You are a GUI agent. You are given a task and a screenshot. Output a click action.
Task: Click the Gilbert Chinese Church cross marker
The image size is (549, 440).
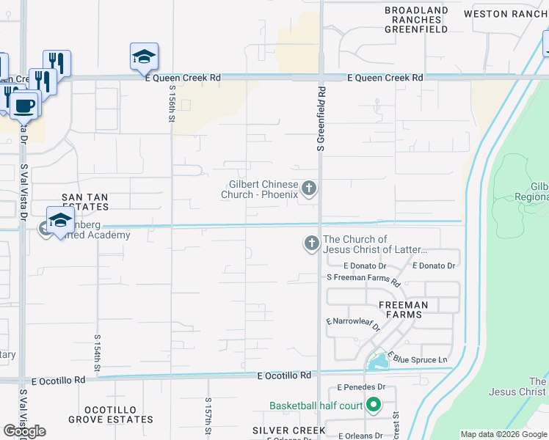click(x=309, y=189)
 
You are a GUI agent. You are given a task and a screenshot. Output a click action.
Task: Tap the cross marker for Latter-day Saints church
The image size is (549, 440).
click(x=312, y=243)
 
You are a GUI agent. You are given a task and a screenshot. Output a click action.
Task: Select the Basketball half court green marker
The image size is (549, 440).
click(x=374, y=405)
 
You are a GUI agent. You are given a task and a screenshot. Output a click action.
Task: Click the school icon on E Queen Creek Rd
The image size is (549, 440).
click(x=144, y=57)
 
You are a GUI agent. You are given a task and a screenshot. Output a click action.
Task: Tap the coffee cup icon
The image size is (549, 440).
click(x=23, y=105)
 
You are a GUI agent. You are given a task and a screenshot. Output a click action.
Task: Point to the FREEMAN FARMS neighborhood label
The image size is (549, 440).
click(x=403, y=309)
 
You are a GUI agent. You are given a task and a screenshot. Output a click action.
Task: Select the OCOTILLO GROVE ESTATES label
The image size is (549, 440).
click(x=110, y=414)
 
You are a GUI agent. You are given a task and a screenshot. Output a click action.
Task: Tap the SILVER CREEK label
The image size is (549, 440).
click(x=288, y=430)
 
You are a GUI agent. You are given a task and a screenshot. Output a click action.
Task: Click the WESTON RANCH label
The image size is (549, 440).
click(x=506, y=14)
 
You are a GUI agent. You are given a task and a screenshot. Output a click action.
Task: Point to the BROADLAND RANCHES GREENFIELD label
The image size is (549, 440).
click(x=416, y=20)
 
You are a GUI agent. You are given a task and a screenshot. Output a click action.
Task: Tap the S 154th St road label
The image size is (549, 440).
click(x=97, y=356)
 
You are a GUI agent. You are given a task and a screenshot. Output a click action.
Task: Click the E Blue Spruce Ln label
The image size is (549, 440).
click(x=418, y=358)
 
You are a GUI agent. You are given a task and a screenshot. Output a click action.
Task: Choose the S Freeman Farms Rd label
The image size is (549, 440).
click(x=363, y=279)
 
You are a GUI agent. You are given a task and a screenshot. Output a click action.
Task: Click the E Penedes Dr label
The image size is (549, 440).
click(x=361, y=386)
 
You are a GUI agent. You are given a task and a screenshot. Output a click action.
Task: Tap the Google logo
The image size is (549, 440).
click(x=24, y=431)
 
